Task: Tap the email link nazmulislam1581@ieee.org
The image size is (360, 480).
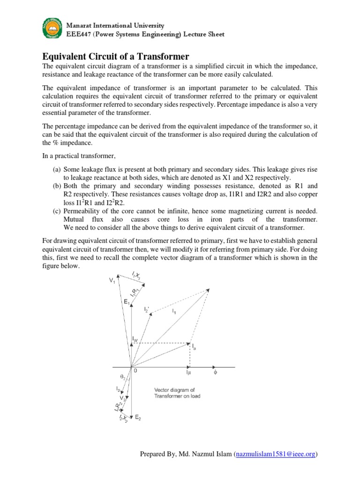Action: coord(276,454)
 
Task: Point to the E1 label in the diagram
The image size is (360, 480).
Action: coord(127,302)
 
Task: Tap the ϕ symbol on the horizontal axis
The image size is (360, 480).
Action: coord(216,373)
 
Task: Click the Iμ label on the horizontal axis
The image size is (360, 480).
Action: coord(188,374)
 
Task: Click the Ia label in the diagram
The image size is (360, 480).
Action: coord(194,347)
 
